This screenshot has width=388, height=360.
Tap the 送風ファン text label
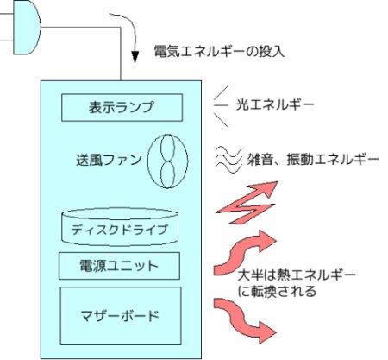pyautogui.click(x=109, y=160)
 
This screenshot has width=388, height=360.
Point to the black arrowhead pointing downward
pyautogui.click(x=135, y=57)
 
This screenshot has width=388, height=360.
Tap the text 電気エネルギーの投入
pyautogui.click(x=219, y=52)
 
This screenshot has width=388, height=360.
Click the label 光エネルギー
pyautogui.click(x=275, y=105)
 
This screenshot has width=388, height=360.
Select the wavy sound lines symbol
pyautogui.click(x=228, y=160)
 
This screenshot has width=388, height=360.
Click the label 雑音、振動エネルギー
pyautogui.click(x=313, y=160)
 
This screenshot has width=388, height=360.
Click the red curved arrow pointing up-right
pyautogui.click(x=244, y=253)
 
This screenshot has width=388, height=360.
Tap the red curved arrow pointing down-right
pyautogui.click(x=244, y=318)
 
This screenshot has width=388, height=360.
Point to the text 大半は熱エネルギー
pyautogui.click(x=297, y=275)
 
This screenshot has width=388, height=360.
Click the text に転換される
pyautogui.click(x=277, y=291)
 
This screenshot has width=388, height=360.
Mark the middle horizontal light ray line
pyautogui.click(x=221, y=105)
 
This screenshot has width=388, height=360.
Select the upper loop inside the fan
pyautogui.click(x=167, y=148)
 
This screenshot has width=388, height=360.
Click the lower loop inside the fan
pyautogui.click(x=167, y=174)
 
